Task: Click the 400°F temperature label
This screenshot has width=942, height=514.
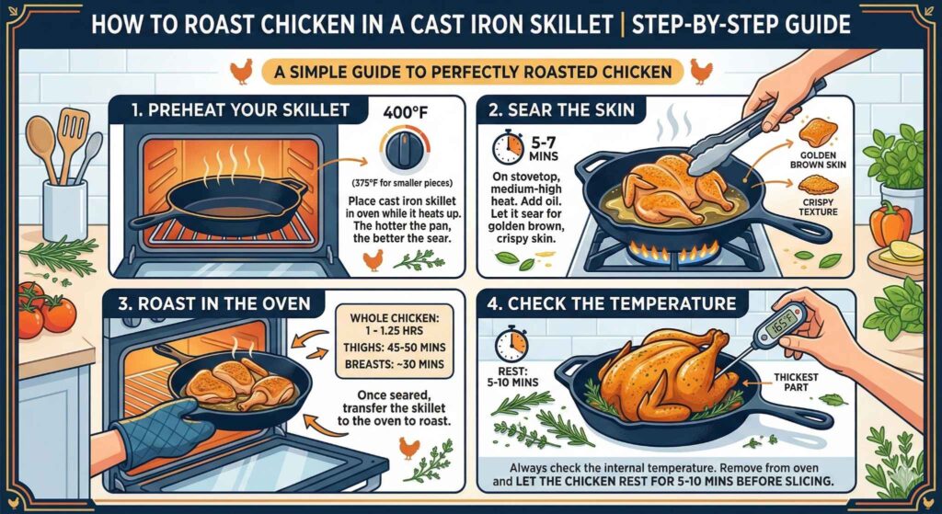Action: tap(400, 111)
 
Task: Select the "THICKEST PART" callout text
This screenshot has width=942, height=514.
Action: tap(791, 383)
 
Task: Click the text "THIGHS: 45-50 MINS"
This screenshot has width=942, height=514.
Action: tap(394, 347)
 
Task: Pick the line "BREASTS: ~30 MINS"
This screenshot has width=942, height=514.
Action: tap(394, 364)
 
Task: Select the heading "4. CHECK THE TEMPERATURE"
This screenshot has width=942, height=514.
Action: tap(622, 303)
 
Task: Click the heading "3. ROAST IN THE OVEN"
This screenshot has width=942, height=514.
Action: tap(213, 303)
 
